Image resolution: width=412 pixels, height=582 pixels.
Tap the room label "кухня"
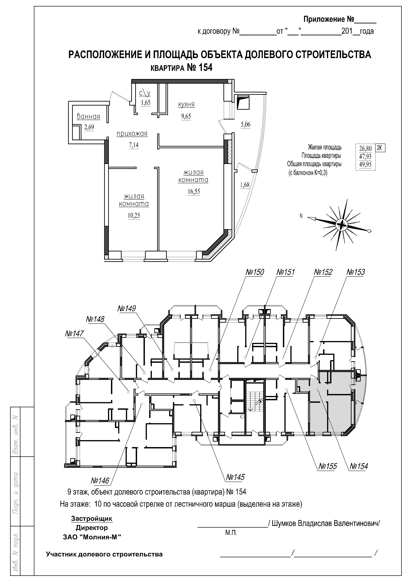click(x=186, y=104)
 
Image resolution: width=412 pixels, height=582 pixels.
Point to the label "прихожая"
click(x=132, y=134)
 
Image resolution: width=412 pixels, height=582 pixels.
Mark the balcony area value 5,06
click(x=245, y=124)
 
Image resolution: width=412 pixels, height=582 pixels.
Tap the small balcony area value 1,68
click(x=245, y=185)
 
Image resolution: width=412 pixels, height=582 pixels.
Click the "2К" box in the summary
click(x=380, y=148)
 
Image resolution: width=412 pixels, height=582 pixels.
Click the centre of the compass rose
click(x=341, y=224)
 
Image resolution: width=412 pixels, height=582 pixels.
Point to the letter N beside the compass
click(x=301, y=216)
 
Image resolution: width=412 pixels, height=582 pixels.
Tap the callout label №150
click(x=255, y=272)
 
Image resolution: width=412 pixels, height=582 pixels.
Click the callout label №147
click(x=74, y=333)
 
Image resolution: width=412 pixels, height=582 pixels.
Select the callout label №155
click(x=327, y=466)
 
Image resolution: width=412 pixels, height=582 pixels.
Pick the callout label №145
click(x=235, y=477)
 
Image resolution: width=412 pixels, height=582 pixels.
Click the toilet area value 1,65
click(x=146, y=103)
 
